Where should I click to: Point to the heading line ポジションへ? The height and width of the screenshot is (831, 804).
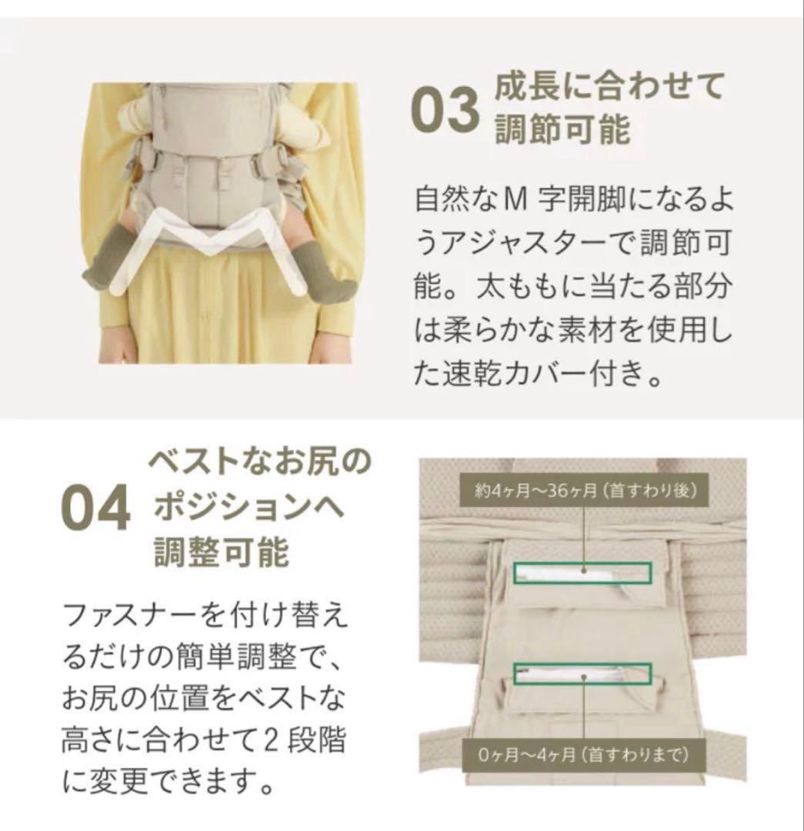point(250,509)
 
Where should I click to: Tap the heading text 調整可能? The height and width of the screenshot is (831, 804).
point(221,552)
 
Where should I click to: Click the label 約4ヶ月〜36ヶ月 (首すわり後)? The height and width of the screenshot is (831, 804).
point(586,491)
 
